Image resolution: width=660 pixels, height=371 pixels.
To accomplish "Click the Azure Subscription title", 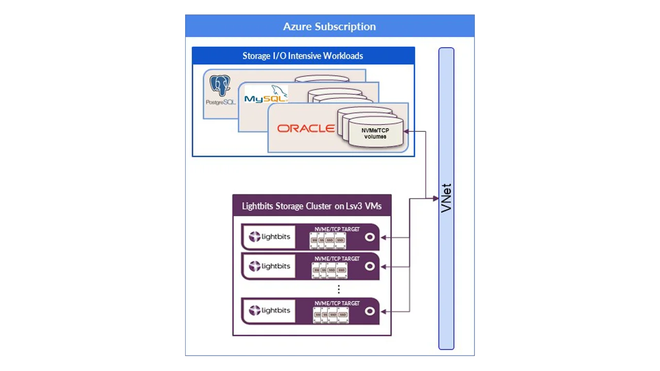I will coord(329,26).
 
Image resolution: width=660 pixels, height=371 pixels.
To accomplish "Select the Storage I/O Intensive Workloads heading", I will coord(303,56).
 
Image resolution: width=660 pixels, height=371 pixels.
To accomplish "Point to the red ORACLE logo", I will coord(306,128).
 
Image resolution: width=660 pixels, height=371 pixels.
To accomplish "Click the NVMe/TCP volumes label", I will coord(375,133).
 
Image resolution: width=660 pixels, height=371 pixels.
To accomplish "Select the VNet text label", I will coord(447,197).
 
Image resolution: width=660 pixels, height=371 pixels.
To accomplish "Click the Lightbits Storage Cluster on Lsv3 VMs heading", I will coord(312,206).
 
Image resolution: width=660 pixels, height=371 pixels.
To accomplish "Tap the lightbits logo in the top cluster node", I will coord(270,237).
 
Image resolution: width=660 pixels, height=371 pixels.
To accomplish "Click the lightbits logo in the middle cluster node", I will coord(270,266).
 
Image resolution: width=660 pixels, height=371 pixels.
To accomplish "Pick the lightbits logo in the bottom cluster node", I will coord(270,311).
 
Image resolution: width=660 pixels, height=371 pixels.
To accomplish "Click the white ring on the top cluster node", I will coord(370,237).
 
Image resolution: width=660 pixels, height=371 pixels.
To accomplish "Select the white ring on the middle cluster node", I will coord(370,266).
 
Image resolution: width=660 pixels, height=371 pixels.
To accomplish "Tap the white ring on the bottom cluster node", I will coord(370,311).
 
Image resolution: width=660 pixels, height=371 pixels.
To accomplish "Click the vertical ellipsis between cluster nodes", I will coord(338,289).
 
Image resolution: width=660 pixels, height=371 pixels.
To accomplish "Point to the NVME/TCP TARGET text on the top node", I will coord(337,229).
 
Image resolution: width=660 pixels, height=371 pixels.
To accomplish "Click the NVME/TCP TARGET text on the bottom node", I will coord(337,303).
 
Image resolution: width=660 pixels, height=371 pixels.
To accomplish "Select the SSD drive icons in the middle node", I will coord(329,269).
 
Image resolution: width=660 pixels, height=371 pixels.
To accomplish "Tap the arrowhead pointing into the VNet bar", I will coord(436,198).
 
